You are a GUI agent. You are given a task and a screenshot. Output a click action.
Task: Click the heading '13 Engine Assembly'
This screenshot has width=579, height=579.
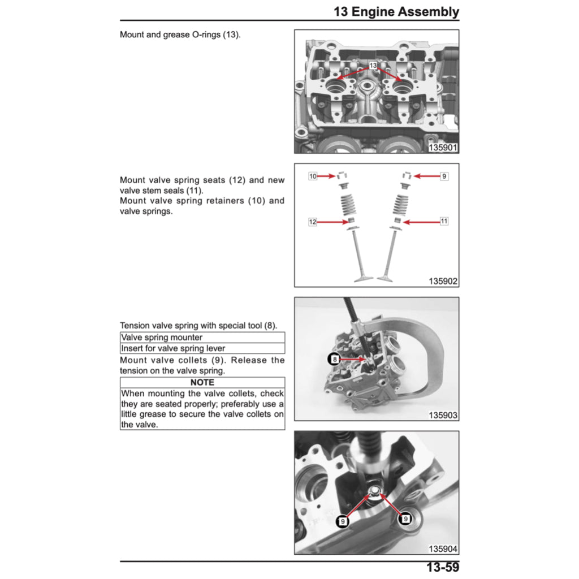(396, 11)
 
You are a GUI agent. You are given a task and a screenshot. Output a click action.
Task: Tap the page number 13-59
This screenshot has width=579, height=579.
(442, 567)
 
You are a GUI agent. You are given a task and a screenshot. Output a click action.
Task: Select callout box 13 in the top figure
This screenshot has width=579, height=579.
(373, 66)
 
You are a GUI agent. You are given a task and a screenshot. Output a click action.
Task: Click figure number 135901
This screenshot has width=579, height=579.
(443, 148)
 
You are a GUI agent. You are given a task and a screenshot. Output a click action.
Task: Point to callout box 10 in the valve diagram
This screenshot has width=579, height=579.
(313, 176)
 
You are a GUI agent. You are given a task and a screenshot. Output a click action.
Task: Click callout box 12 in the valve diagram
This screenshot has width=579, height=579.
(312, 222)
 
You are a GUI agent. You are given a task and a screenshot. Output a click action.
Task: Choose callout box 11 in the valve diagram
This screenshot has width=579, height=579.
(444, 221)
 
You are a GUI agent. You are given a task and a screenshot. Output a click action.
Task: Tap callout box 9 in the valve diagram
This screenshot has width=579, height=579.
(444, 176)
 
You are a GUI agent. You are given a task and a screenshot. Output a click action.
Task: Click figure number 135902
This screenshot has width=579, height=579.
(443, 282)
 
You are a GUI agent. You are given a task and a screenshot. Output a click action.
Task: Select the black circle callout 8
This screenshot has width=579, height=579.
(334, 359)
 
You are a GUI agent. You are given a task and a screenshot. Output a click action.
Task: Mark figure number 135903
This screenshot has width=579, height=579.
(443, 416)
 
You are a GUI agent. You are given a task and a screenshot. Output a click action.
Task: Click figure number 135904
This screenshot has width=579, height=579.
(443, 549)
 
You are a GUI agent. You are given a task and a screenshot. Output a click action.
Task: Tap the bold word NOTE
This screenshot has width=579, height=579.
(202, 382)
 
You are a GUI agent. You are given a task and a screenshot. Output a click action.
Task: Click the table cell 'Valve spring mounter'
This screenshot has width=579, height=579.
(202, 338)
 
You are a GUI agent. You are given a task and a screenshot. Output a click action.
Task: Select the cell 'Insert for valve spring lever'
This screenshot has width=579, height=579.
(202, 348)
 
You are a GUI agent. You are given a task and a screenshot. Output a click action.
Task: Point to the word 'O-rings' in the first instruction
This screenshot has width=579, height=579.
(206, 34)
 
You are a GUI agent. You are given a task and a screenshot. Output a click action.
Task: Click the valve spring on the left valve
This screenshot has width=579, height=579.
(348, 205)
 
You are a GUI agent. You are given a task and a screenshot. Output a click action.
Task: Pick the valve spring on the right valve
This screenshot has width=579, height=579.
(401, 205)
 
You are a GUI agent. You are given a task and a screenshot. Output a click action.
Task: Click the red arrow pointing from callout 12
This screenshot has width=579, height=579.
(332, 222)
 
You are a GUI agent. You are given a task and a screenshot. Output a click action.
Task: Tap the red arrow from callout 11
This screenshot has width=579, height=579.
(421, 222)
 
